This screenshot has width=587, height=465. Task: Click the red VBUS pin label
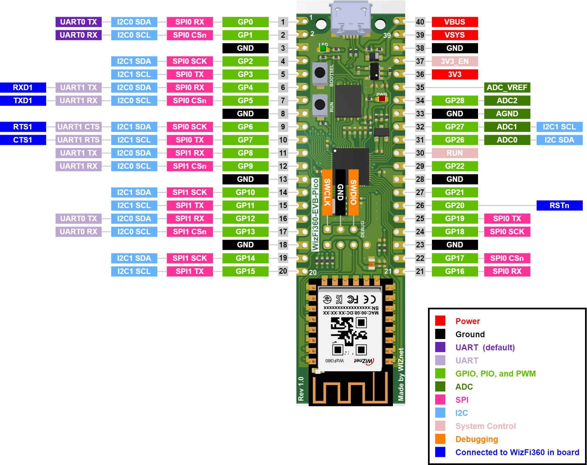click(x=454, y=22)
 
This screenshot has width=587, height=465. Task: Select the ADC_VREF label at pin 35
click(x=507, y=87)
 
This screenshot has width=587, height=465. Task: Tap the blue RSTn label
click(x=559, y=205)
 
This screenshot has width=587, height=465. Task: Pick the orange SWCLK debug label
click(x=327, y=192)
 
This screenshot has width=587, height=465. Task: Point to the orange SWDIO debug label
click(x=353, y=192)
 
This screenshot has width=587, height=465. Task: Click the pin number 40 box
click(x=420, y=22)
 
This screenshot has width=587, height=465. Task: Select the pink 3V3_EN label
click(x=454, y=61)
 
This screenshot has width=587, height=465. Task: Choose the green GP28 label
click(x=454, y=101)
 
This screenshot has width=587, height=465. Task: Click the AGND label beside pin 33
click(x=507, y=114)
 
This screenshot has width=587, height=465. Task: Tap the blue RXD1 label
click(x=23, y=87)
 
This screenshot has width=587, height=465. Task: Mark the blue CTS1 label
click(x=23, y=140)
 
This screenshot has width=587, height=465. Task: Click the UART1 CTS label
click(x=79, y=127)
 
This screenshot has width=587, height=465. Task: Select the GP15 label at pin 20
click(x=245, y=271)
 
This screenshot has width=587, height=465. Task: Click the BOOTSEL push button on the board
click(x=320, y=73)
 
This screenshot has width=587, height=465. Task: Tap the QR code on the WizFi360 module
click(x=349, y=336)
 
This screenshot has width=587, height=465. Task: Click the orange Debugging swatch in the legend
click(x=440, y=439)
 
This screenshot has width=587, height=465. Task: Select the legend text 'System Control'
click(x=486, y=426)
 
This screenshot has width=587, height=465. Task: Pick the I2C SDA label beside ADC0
click(x=559, y=140)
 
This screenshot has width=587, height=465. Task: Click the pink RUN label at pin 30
click(x=454, y=153)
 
